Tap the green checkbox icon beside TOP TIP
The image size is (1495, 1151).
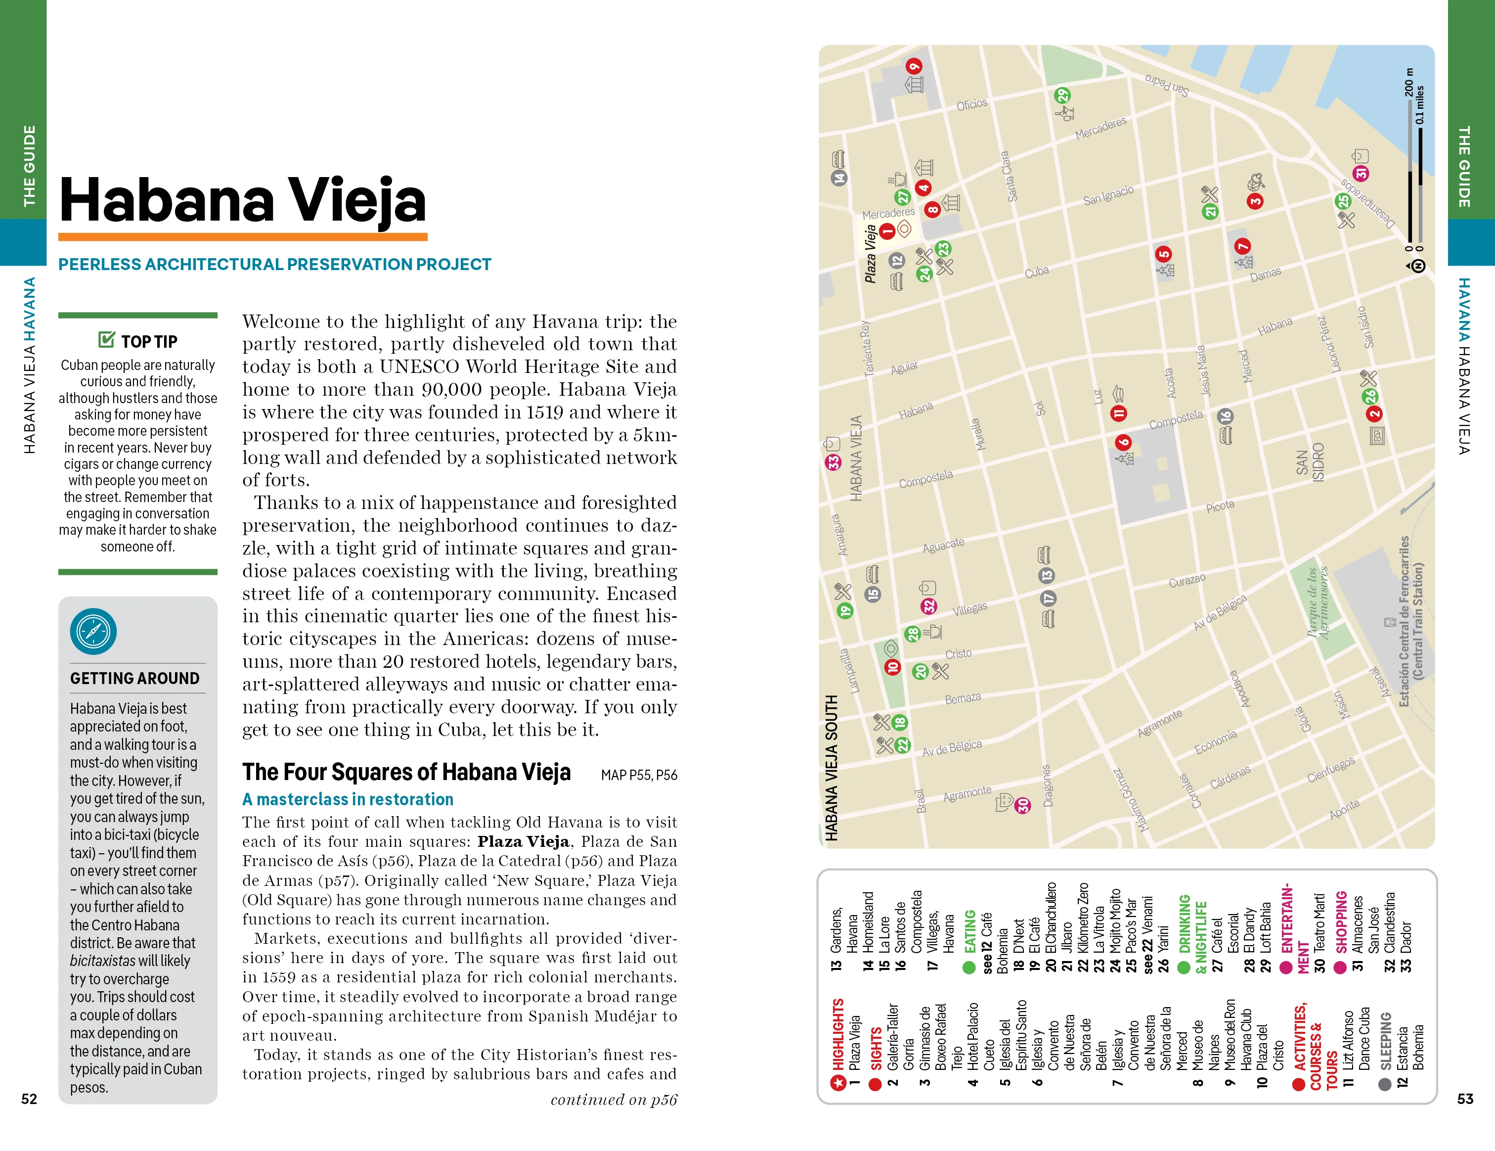[x=106, y=340]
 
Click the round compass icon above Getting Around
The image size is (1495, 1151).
[x=93, y=631]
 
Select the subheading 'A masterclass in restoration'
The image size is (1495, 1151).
[x=348, y=799]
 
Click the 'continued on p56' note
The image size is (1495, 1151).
[x=614, y=1099]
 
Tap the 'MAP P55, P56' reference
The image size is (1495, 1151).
[x=639, y=775]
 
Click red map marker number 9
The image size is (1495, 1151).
[x=914, y=66]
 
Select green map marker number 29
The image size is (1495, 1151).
[x=1062, y=96]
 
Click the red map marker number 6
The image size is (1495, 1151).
[x=1123, y=442]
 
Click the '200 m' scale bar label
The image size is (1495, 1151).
[x=1409, y=82]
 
